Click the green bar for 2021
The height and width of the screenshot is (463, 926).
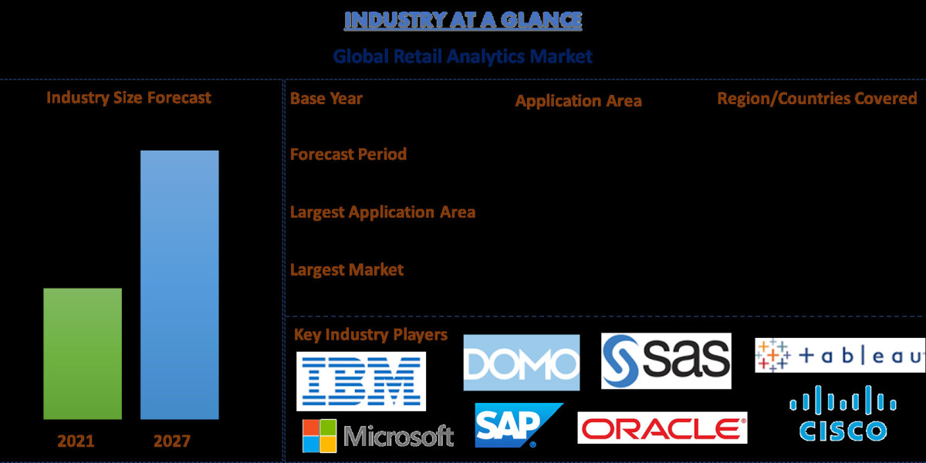tap(83, 353)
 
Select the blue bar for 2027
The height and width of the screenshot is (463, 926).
tap(179, 285)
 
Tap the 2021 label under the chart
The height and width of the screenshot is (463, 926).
tap(76, 441)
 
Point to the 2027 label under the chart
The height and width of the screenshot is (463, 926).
tap(171, 441)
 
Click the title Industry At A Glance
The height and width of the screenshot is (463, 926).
tap(462, 20)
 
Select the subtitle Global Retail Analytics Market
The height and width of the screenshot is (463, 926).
tap(462, 56)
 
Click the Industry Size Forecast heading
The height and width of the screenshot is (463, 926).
tap(128, 97)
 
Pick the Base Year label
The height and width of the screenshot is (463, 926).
tap(326, 98)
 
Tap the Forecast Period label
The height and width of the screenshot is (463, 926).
tap(348, 154)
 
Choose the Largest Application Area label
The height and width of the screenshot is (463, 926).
tap(382, 211)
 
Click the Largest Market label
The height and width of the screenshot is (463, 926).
tap(346, 269)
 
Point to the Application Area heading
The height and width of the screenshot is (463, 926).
tap(578, 101)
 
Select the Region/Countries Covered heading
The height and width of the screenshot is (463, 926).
tap(817, 99)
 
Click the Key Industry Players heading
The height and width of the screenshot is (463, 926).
tap(370, 334)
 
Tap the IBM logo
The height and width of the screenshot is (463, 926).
tap(360, 381)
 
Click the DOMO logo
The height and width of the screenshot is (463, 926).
tap(521, 363)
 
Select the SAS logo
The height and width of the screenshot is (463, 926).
tap(665, 360)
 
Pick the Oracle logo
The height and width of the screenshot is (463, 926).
tap(662, 428)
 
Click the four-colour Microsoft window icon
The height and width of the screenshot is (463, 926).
tap(319, 436)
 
